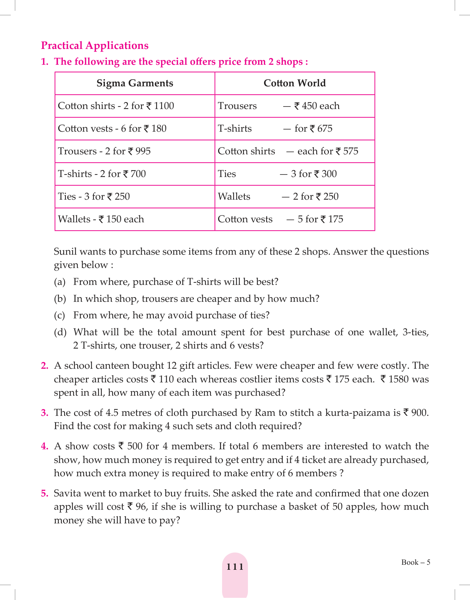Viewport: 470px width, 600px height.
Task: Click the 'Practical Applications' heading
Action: pyautogui.click(x=95, y=46)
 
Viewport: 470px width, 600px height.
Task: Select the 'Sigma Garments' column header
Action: pyautogui.click(x=135, y=83)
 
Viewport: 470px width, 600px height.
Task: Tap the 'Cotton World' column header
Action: pyautogui.click(x=295, y=83)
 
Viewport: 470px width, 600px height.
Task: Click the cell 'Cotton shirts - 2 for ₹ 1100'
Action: pyautogui.click(x=116, y=106)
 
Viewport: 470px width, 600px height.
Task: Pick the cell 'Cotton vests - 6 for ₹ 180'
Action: pyautogui.click(x=112, y=129)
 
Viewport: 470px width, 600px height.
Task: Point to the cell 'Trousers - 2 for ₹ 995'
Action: pyautogui.click(x=104, y=151)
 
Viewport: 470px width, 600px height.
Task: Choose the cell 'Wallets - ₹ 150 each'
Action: pyautogui.click(x=101, y=219)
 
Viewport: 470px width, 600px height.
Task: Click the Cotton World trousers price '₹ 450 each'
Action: pyautogui.click(x=317, y=106)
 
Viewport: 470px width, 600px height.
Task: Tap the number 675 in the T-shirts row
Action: pyautogui.click(x=325, y=129)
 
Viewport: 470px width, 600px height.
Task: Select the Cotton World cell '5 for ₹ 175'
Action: pyautogui.click(x=320, y=219)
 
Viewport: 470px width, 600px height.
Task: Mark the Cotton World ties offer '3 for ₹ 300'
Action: pyautogui.click(x=314, y=174)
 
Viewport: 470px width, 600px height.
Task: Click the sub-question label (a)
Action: pyautogui.click(x=60, y=282)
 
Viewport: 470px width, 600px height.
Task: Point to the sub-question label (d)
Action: pyautogui.click(x=60, y=332)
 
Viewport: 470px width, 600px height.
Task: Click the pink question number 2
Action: pyautogui.click(x=45, y=366)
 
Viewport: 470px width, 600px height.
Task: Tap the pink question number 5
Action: pyautogui.click(x=45, y=494)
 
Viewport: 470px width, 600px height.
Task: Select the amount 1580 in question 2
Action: pyautogui.click(x=398, y=379)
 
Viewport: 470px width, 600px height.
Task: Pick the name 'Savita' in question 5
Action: pyautogui.click(x=67, y=494)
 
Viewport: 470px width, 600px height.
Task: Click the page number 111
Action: pyautogui.click(x=235, y=567)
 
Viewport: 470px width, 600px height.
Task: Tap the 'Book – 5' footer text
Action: pyautogui.click(x=415, y=563)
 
